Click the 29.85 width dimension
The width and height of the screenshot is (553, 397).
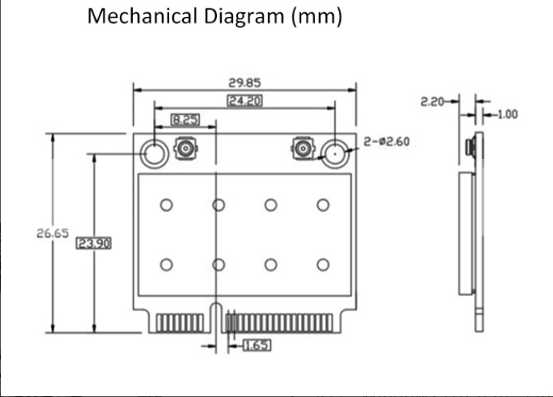pyautogui.click(x=243, y=83)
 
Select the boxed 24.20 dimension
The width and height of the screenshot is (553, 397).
pyautogui.click(x=243, y=100)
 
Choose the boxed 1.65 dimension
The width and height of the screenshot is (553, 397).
pyautogui.click(x=256, y=345)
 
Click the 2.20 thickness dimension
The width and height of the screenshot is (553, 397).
pyautogui.click(x=433, y=100)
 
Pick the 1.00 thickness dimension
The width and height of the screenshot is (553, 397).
pyautogui.click(x=507, y=115)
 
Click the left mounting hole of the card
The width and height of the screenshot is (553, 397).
pyautogui.click(x=154, y=154)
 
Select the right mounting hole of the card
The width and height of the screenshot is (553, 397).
pyautogui.click(x=334, y=153)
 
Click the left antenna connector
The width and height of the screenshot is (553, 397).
pyautogui.click(x=186, y=148)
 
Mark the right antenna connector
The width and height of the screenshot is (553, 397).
pyautogui.click(x=303, y=148)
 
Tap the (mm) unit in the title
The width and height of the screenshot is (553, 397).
pyautogui.click(x=316, y=16)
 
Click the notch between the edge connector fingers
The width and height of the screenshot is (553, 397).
pyautogui.click(x=213, y=321)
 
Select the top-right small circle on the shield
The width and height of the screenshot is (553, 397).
pyautogui.click(x=323, y=205)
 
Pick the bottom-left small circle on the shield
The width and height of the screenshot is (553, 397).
pyautogui.click(x=166, y=265)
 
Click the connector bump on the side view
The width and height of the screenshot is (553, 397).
pyautogui.click(x=470, y=147)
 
